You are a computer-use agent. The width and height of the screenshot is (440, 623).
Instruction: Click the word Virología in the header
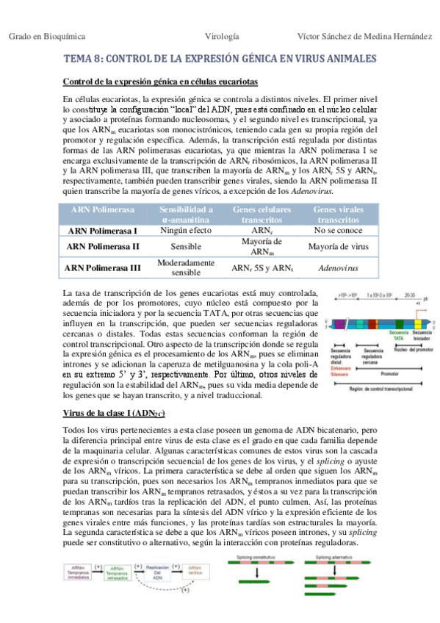pyautogui.click(x=220, y=35)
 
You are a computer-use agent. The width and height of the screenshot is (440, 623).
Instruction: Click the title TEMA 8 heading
pyautogui.click(x=220, y=58)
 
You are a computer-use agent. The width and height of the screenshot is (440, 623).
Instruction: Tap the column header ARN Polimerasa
pyautogui.click(x=103, y=209)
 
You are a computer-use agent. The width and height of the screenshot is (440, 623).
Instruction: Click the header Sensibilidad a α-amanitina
pyautogui.click(x=186, y=214)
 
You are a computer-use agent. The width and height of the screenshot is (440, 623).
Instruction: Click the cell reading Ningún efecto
pyautogui.click(x=186, y=230)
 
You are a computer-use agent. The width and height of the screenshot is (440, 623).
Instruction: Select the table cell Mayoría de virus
pyautogui.click(x=338, y=247)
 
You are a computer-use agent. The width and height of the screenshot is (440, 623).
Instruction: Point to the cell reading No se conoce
pyautogui.click(x=338, y=230)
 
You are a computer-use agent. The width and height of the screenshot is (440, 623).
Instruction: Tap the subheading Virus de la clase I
pyautogui.click(x=115, y=414)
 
